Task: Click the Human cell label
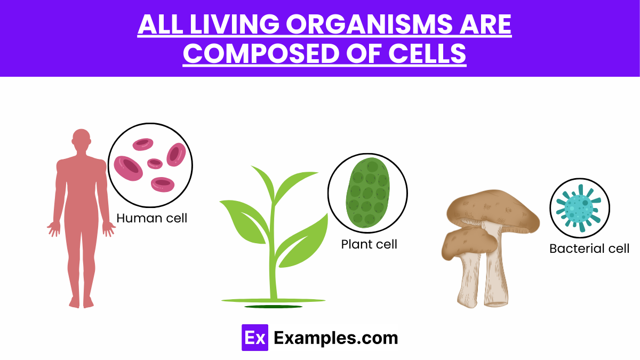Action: point(151,218)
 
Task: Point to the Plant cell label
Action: point(369,244)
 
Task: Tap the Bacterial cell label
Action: point(589,249)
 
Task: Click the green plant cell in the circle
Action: point(367,192)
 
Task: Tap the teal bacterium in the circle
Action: point(579,207)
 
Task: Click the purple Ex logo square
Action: point(254,338)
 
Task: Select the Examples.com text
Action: point(335,338)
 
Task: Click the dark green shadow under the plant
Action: point(273,307)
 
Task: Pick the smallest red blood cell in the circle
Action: point(155,163)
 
